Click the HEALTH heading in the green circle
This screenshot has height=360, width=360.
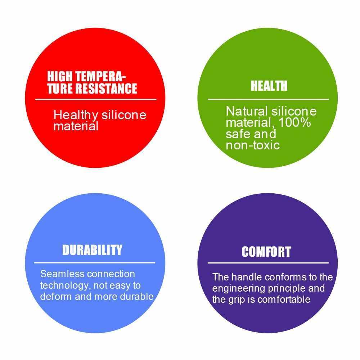(269, 86)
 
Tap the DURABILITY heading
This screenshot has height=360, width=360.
(92, 250)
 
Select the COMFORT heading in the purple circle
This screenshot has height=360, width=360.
(266, 252)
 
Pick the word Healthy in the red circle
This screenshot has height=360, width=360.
(76, 115)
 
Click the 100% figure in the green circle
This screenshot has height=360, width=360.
(294, 122)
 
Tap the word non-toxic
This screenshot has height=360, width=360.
(253, 145)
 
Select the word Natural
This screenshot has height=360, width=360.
(247, 111)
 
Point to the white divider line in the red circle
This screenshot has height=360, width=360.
(96, 99)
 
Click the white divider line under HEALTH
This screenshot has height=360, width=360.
(268, 99)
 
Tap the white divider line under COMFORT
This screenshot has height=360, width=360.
(268, 263)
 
